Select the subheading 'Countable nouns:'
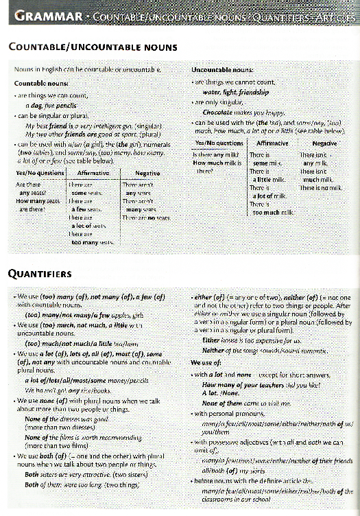40,82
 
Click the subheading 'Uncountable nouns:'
221,70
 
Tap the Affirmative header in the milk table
272,143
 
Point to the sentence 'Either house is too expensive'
252,340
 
